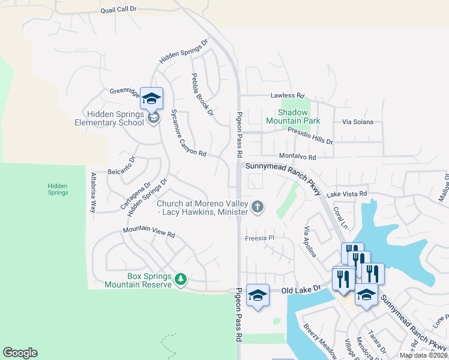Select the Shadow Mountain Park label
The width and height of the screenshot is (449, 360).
tap(292, 116)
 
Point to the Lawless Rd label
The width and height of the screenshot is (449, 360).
tap(288, 95)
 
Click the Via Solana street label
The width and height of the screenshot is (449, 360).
tap(358, 122)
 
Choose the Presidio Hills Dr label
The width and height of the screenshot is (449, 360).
tap(310, 135)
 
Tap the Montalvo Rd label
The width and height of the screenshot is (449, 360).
tap(298, 157)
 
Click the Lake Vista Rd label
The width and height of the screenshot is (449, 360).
tap(346, 194)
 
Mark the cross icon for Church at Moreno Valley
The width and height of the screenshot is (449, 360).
tap(258, 207)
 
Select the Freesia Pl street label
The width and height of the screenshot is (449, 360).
tap(260, 238)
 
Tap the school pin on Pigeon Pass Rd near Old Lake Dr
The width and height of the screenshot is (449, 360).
tap(258, 295)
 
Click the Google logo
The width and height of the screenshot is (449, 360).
tap(20, 353)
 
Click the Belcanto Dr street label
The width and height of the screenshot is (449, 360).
tap(122, 164)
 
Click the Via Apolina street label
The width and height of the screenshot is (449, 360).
tap(310, 241)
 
